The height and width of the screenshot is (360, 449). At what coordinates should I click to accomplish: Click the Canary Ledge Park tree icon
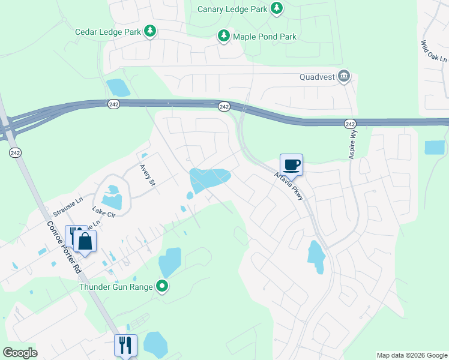(276, 8)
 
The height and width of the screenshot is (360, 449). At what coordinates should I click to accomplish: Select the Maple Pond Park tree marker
(224, 37)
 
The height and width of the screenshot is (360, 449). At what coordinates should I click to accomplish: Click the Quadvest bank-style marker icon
(344, 76)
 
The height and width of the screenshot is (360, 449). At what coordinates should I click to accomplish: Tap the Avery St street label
(147, 175)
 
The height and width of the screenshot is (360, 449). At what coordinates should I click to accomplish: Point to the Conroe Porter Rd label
(64, 247)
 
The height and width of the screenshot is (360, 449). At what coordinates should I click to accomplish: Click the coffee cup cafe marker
(291, 164)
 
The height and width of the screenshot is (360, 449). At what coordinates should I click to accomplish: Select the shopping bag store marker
(85, 242)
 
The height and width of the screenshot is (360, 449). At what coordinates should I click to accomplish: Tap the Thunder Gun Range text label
(116, 286)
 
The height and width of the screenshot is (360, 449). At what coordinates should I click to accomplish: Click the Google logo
(20, 352)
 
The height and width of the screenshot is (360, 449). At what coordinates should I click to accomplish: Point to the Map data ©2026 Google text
(411, 355)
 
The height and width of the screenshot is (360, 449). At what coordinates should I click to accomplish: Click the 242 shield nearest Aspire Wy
(351, 123)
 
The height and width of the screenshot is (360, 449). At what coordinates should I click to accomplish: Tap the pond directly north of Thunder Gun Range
(170, 262)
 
